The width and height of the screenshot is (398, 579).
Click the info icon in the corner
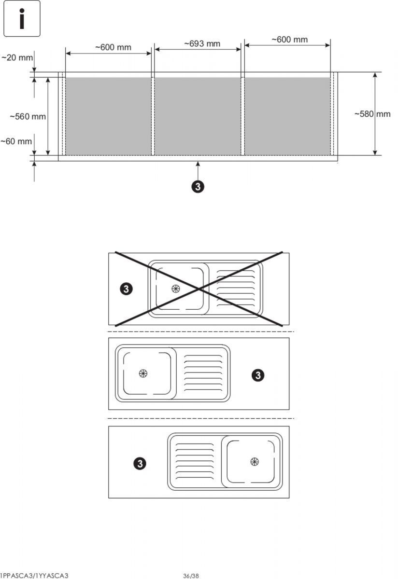(22, 19)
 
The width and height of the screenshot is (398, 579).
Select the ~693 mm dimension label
(202, 44)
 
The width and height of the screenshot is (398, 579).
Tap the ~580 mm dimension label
(372, 114)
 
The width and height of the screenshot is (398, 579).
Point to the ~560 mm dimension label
(28, 117)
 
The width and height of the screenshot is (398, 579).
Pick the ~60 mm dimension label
(16, 141)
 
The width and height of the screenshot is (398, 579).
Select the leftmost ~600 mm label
(113, 47)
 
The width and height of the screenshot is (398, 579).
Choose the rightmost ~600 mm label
(289, 40)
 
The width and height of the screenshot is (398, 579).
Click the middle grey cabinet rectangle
(198, 116)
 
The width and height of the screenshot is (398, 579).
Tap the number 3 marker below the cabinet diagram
(198, 187)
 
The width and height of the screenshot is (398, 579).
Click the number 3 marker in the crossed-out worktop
(126, 289)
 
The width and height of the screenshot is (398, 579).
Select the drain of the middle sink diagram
(143, 373)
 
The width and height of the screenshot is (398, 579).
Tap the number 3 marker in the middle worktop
(258, 375)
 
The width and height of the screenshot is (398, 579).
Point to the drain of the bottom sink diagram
(255, 461)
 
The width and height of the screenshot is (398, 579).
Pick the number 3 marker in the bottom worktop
(140, 464)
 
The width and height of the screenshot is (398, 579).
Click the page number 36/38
(191, 576)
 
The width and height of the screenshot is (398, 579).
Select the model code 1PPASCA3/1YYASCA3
(34, 576)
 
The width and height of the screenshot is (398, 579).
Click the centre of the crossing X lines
(199, 289)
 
